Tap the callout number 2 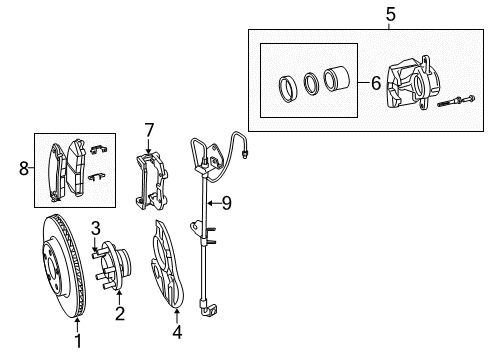tap(119, 315)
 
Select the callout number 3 tap(97, 227)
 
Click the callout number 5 tap(364, 15)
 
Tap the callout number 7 tap(149, 131)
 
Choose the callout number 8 tap(25, 171)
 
